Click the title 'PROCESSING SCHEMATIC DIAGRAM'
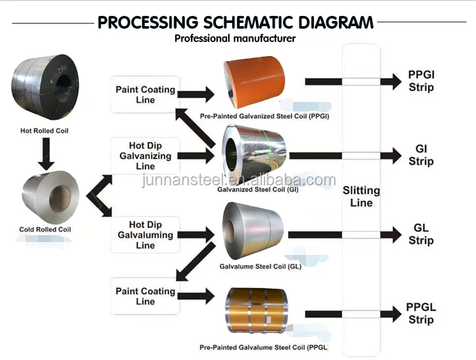tap(235, 23)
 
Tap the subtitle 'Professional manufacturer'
tap(235, 39)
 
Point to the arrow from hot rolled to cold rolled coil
tap(44, 152)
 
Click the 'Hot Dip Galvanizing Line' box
tap(145, 156)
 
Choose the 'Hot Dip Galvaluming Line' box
tap(145, 234)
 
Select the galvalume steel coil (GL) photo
tap(254, 231)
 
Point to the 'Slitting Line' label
tap(361, 196)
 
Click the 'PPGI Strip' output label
tap(421, 81)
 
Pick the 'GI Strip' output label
tap(421, 155)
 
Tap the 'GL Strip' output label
tap(421, 234)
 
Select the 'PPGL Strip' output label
tap(421, 313)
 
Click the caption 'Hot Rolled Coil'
tap(45, 131)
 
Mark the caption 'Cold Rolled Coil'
tap(45, 229)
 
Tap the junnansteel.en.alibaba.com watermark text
tap(238, 180)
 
